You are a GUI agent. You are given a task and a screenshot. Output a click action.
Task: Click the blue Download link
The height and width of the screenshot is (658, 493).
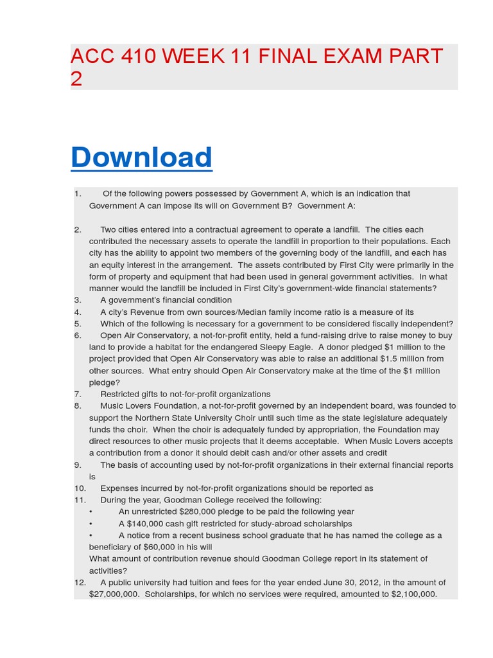coord(141,157)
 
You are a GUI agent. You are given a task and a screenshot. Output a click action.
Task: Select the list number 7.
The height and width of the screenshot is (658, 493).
coord(77,394)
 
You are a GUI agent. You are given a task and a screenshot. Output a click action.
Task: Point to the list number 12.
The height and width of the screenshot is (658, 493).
coord(80,582)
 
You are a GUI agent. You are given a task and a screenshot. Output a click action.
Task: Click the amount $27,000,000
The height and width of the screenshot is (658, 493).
coord(114,594)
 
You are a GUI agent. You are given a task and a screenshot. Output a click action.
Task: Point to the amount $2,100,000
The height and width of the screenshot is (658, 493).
coord(413,594)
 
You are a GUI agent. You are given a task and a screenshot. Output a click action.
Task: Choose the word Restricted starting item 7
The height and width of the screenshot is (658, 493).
coord(119,394)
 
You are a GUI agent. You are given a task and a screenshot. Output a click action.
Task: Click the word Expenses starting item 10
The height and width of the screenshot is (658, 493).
coord(119,488)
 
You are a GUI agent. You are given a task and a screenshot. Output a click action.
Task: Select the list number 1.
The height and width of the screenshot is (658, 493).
coord(77,193)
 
